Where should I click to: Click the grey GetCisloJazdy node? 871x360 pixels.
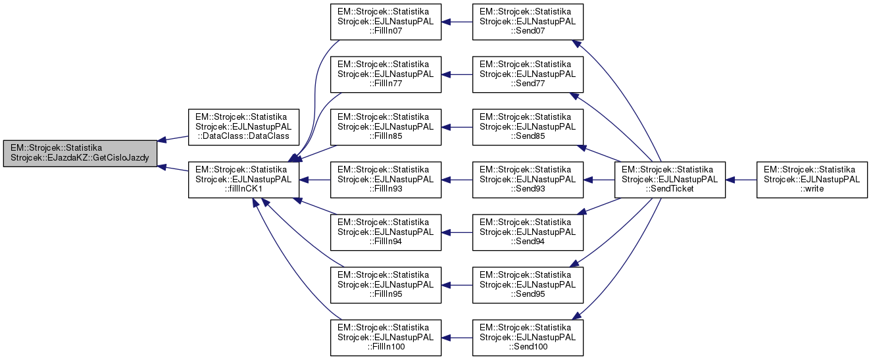pyautogui.click(x=80, y=154)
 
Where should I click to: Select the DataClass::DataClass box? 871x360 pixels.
pyautogui.click(x=244, y=127)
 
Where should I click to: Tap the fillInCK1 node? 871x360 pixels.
pyautogui.click(x=244, y=180)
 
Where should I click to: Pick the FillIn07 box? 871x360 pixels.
pyautogui.click(x=386, y=22)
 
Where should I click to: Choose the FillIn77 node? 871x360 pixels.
pyautogui.click(x=386, y=74)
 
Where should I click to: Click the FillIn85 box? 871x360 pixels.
pyautogui.click(x=386, y=127)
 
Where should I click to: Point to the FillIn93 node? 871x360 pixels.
pyautogui.click(x=386, y=180)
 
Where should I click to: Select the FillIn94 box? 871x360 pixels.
pyautogui.click(x=386, y=232)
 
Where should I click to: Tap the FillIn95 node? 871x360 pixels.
pyautogui.click(x=386, y=285)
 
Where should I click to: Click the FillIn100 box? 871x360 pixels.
pyautogui.click(x=386, y=338)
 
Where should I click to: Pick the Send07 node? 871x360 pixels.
pyautogui.click(x=528, y=22)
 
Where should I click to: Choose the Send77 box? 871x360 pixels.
pyautogui.click(x=528, y=74)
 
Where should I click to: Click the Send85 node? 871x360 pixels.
pyautogui.click(x=528, y=127)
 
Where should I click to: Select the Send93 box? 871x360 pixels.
pyautogui.click(x=528, y=180)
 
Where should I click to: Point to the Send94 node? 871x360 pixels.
pyautogui.click(x=528, y=232)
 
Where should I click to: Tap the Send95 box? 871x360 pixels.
pyautogui.click(x=528, y=285)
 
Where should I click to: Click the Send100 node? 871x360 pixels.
pyautogui.click(x=528, y=338)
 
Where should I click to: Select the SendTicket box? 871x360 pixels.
pyautogui.click(x=670, y=180)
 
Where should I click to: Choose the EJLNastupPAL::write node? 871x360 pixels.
pyautogui.click(x=812, y=180)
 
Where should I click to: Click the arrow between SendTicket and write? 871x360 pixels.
pyautogui.click(x=741, y=180)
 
